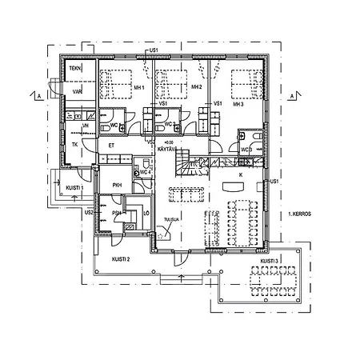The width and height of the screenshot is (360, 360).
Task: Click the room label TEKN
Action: click(75, 70)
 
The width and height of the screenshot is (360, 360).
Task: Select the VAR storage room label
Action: click(77, 92)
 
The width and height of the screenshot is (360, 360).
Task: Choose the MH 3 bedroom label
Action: click(238, 104)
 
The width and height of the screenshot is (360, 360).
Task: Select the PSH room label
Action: click(116, 214)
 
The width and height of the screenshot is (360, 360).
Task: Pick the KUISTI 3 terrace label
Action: click(270, 262)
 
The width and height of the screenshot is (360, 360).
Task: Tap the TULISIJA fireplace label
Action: click(169, 218)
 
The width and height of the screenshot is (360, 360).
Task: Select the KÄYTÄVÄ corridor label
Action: click(166, 149)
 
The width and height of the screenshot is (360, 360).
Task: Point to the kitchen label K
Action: click(240, 173)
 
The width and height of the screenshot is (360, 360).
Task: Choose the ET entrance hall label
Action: click(111, 146)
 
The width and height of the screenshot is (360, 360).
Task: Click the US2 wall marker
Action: click(90, 213)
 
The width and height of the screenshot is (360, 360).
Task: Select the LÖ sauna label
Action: click(145, 212)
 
